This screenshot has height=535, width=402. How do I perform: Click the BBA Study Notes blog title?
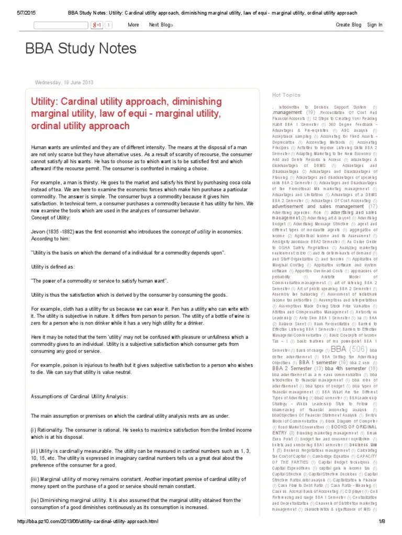point(81,49)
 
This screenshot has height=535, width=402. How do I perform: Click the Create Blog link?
point(349,25)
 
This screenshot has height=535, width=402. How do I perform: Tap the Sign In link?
point(375,25)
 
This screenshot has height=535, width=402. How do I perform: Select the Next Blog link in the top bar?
point(161,25)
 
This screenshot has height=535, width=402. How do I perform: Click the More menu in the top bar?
point(133,25)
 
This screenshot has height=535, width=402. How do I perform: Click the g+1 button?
point(97,25)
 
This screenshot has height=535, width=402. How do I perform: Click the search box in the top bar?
point(60,25)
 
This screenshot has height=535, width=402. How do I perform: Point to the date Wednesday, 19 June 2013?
point(63,82)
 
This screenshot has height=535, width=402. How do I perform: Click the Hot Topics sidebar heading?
point(286,95)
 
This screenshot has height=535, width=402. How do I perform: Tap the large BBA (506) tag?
point(348,349)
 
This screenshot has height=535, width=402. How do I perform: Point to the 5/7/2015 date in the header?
point(16,12)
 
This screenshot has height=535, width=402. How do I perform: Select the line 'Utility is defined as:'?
point(52,266)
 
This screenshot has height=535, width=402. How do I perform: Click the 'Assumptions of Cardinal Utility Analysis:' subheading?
point(79,397)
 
